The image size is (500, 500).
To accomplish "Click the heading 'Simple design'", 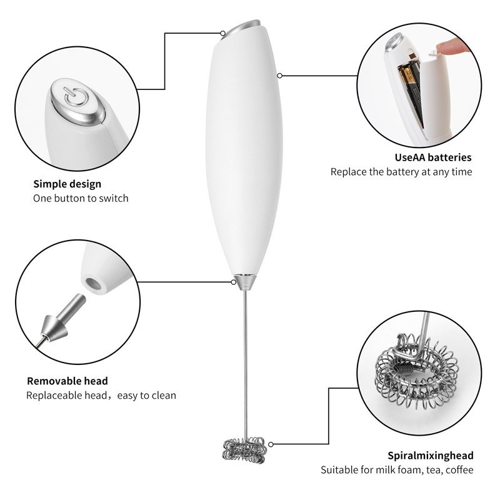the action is point(67,184).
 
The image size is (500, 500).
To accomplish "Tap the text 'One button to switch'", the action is point(81,198).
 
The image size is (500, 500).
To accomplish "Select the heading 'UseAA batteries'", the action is point(433,157).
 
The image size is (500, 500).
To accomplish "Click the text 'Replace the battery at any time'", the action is point(401,172).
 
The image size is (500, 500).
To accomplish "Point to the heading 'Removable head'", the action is point(67,381).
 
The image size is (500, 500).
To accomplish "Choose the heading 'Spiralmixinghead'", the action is point(431,456).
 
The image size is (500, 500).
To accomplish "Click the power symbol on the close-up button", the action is point(74,96).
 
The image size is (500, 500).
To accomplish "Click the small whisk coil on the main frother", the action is point(244,449).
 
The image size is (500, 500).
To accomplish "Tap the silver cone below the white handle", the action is point(246,282).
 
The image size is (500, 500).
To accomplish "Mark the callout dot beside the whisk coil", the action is point(271,444).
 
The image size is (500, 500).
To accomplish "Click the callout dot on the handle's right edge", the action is point(279,76).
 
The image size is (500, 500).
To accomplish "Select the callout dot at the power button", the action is point(223,33).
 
